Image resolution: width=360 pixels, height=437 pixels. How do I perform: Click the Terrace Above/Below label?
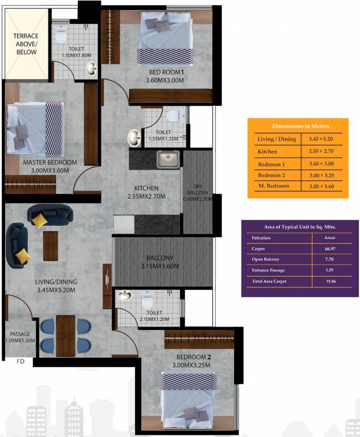point(26,44)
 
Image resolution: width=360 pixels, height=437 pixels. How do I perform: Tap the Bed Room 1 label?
point(166,72)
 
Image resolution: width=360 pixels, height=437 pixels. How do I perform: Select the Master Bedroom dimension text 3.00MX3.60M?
point(50,171)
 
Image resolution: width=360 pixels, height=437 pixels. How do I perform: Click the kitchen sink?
point(168,159)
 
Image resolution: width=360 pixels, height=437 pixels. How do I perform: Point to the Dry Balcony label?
point(198,189)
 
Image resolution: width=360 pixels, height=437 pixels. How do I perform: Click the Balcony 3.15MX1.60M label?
point(160,262)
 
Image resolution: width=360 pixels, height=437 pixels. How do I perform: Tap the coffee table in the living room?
point(51,246)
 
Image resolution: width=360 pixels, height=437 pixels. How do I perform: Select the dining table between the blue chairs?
point(66,336)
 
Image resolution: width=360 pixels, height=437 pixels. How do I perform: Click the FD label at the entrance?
point(21,361)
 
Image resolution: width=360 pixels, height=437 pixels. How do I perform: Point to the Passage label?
point(20,334)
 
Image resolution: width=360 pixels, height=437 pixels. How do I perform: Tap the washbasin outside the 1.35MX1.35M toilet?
point(134,138)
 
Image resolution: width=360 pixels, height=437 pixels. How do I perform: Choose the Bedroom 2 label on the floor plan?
point(194,357)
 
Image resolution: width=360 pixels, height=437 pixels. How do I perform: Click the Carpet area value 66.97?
point(330,249)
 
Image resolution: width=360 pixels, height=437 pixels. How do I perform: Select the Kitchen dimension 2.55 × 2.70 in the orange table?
point(321,151)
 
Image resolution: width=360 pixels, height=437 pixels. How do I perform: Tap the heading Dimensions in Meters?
point(301,126)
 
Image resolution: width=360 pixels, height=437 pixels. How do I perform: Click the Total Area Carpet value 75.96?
point(331,282)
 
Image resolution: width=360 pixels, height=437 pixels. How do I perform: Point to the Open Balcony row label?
point(265,259)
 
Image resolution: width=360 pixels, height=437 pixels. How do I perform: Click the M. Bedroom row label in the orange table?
point(274,186)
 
